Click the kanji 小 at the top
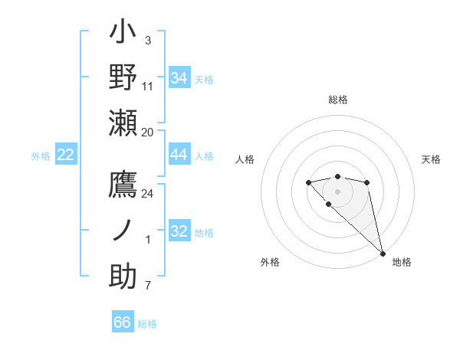123,34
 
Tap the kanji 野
123,79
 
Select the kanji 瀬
123,123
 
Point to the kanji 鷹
123,186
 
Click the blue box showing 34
179,78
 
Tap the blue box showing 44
179,155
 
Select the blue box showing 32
179,231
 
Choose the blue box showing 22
66,155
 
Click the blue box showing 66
123,322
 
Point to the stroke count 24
148,194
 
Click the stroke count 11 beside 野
148,86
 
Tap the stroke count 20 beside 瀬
148,132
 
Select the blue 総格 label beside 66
147,324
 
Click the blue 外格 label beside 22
41,156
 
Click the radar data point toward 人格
308,182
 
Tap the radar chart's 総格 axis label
337,100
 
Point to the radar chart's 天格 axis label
431,159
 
